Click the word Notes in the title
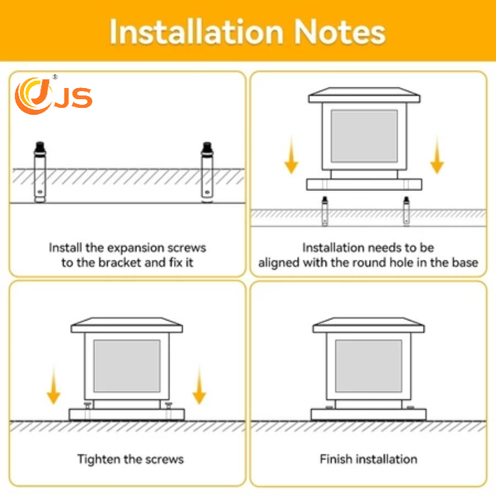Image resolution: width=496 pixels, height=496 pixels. click(340, 32)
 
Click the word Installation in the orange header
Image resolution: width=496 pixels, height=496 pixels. click(196, 32)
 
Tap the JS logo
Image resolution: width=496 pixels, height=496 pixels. click(53, 95)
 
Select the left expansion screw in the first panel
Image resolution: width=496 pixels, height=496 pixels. click(40, 172)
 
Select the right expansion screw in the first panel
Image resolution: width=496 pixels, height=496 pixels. click(207, 172)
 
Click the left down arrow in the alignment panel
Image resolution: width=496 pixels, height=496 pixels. click(291, 155)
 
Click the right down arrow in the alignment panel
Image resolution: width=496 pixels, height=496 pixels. click(437, 155)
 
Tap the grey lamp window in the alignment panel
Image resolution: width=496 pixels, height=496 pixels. click(364, 136)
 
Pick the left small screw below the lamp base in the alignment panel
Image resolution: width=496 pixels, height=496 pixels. click(325, 211)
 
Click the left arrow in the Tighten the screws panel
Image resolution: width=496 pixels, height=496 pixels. click(53, 385)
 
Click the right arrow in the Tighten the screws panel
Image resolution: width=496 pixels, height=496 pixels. click(199, 385)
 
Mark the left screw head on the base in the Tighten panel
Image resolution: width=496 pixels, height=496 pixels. click(87, 405)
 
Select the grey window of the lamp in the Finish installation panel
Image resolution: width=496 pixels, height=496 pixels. click(368, 366)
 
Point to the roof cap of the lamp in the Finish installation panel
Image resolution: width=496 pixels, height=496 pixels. click(368, 325)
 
